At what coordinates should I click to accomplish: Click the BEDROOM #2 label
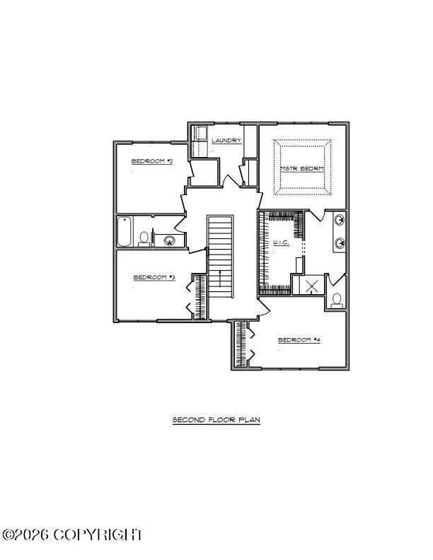[152, 161]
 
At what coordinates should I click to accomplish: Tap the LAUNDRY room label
[226, 141]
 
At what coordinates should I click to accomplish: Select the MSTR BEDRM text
[302, 168]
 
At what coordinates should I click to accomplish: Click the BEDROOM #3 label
[154, 277]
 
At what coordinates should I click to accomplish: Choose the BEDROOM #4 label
[299, 340]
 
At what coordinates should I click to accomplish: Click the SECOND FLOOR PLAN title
[216, 420]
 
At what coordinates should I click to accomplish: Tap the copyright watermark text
[72, 535]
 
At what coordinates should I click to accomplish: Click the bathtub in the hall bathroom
[125, 232]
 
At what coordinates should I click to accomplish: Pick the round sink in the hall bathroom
[169, 240]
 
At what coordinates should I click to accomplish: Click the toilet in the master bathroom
[336, 300]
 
